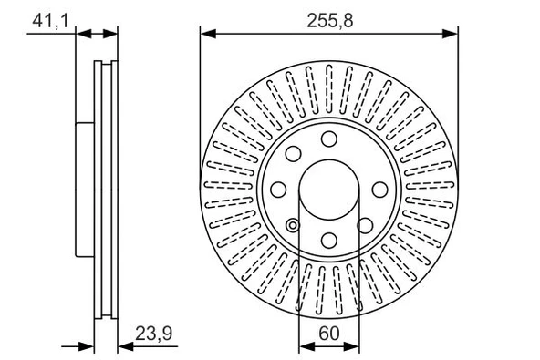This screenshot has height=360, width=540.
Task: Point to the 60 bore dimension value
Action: pyautogui.click(x=328, y=334)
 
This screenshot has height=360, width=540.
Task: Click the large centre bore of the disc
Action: pyautogui.click(x=328, y=190)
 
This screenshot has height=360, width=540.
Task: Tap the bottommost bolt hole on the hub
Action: pyautogui.click(x=328, y=240)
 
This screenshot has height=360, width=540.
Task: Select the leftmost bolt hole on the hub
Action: pyautogui.click(x=280, y=190)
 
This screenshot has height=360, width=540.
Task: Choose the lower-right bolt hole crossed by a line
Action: pyautogui.click(x=364, y=225)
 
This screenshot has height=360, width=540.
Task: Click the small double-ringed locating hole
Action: pyautogui.click(x=293, y=226)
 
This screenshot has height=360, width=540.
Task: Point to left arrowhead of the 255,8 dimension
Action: pyautogui.click(x=206, y=35)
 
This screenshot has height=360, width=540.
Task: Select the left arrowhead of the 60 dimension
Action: pyautogui.click(x=306, y=347)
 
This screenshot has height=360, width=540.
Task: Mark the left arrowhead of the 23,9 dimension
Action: pyautogui.click(x=88, y=347)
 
